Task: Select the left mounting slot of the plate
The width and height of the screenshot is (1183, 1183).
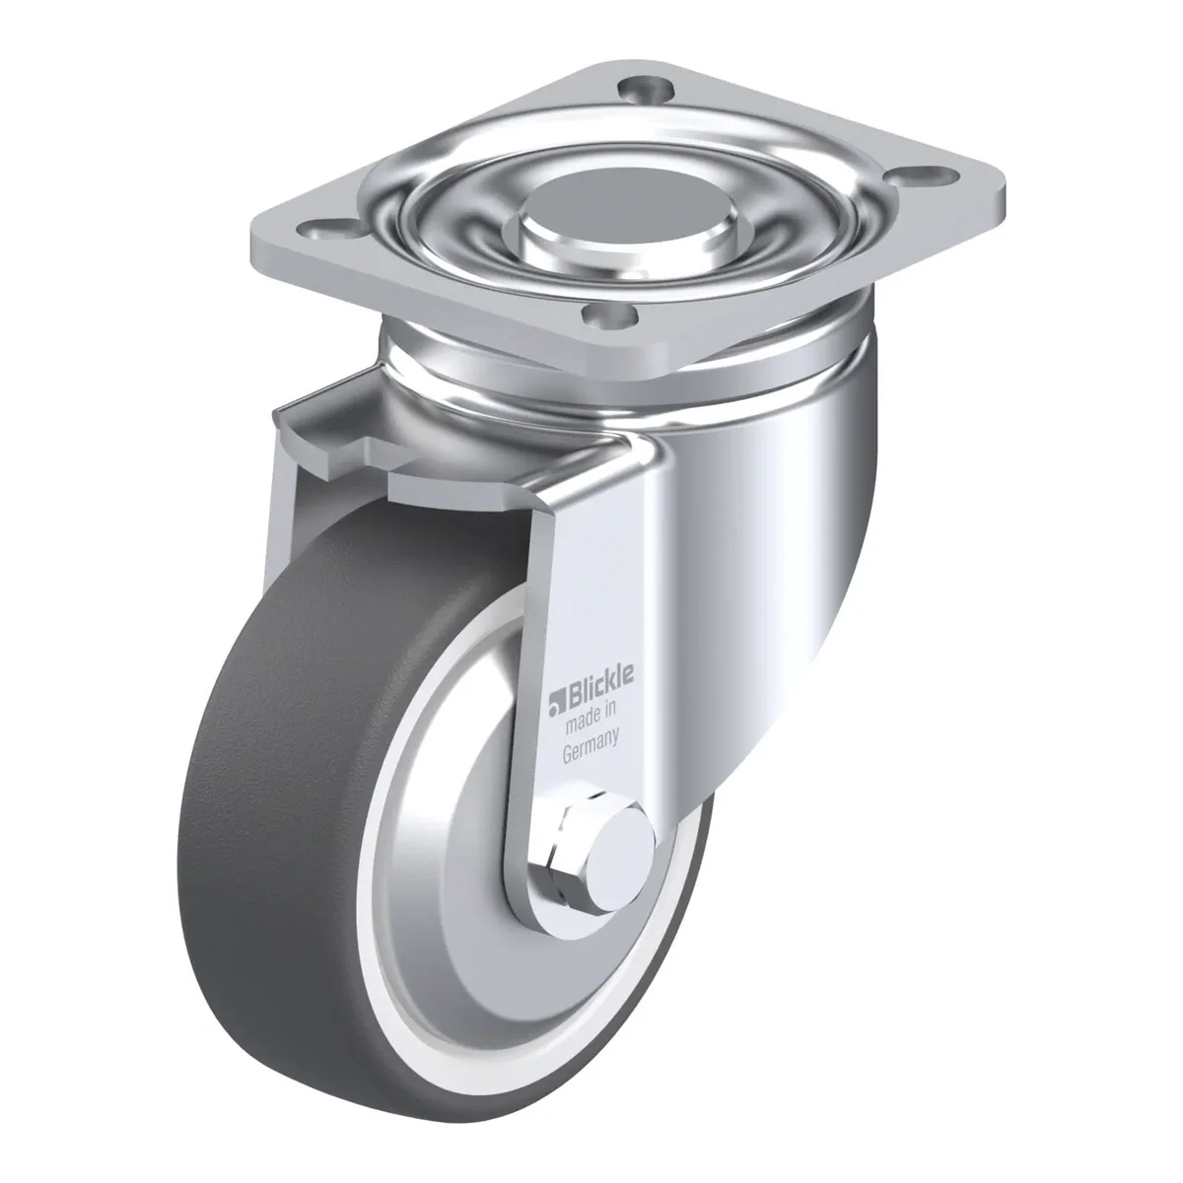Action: click(x=333, y=231)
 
